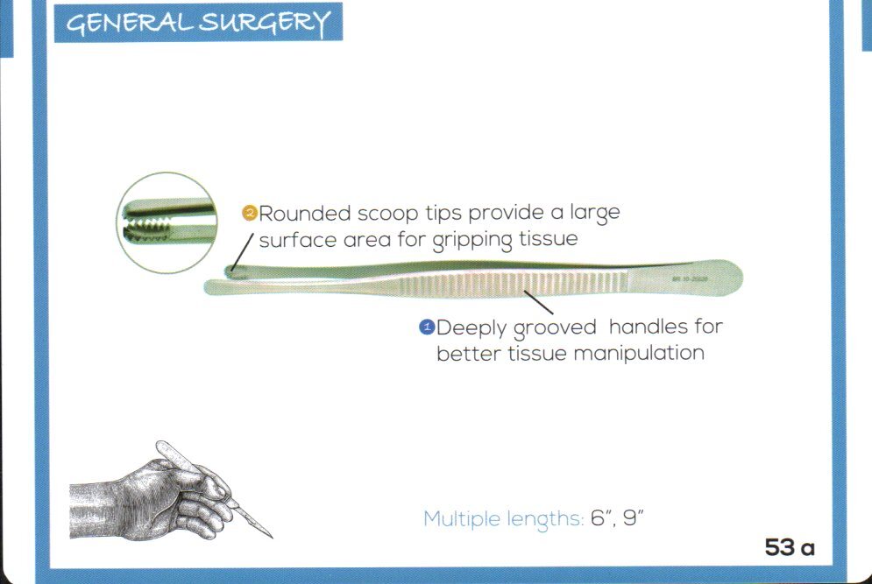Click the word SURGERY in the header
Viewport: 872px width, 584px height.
[x=266, y=24]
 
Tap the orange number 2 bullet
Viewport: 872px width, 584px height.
[x=249, y=213]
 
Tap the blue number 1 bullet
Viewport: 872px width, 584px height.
[x=428, y=327]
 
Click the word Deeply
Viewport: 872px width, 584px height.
[x=471, y=329]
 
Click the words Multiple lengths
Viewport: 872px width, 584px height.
[x=503, y=518]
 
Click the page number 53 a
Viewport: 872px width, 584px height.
[x=790, y=548]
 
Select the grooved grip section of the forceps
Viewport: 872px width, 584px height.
[x=526, y=285]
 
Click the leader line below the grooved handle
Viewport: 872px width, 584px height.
[x=538, y=302]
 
